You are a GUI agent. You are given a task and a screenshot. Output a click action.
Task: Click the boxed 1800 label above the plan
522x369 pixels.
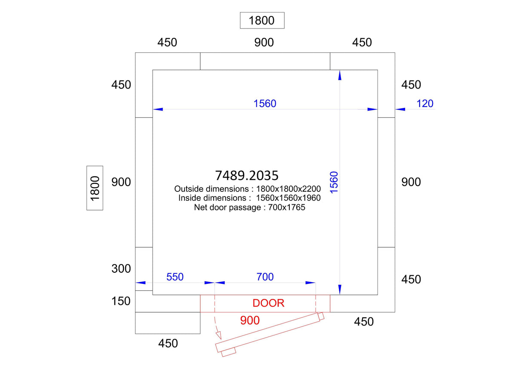262,20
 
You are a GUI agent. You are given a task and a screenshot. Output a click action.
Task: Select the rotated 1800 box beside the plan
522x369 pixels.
95,188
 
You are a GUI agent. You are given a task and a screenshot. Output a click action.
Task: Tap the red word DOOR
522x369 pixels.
268,303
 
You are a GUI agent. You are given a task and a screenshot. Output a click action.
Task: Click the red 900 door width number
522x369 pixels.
250,320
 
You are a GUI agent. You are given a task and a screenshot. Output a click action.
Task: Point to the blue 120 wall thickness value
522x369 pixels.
424,104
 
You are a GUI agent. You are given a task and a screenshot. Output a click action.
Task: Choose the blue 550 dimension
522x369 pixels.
175,277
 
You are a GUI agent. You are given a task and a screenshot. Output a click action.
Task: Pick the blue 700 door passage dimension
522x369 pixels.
265,277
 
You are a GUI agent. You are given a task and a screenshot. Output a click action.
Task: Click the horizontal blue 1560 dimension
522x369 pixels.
265,104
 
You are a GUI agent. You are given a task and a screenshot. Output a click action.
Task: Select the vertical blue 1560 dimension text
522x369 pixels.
334,182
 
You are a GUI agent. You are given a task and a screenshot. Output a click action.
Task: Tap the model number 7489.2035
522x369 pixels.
246,175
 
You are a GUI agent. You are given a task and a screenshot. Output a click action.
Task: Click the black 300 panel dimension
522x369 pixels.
121,268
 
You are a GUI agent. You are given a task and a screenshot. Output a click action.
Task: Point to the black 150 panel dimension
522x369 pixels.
121,301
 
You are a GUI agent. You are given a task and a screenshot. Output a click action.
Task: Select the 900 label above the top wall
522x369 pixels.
264,43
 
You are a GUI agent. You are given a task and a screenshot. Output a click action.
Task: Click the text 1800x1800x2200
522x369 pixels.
289,189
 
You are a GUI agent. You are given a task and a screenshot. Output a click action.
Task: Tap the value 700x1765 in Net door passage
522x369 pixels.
286,207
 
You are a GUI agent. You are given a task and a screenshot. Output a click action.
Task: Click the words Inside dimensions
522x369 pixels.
212,198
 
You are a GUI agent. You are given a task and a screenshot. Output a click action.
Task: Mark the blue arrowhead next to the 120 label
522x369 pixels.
400,109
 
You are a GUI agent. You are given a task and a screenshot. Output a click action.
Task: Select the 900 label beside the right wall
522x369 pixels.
411,182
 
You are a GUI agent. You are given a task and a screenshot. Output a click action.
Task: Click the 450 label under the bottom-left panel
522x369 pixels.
168,343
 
